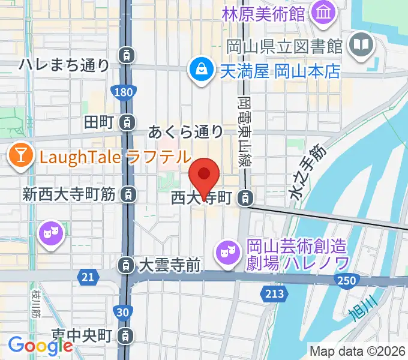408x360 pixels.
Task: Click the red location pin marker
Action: [204, 176]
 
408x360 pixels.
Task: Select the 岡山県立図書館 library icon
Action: [362, 45]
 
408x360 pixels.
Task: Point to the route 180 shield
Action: [123, 91]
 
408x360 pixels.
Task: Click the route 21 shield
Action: [88, 276]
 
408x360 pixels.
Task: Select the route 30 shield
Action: [122, 312]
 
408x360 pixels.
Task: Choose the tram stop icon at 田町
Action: [127, 122]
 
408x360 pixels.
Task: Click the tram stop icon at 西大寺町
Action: [245, 197]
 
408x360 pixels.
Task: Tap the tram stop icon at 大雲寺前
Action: [126, 264]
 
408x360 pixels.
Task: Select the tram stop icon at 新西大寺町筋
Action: [127, 194]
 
